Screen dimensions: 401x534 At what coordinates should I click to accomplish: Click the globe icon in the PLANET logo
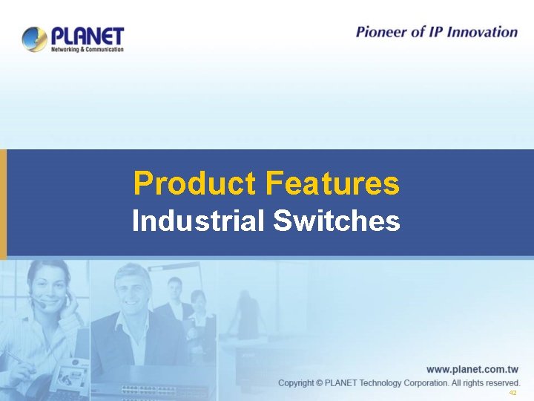(35, 39)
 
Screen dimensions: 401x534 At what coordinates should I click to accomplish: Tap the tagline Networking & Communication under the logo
(87, 49)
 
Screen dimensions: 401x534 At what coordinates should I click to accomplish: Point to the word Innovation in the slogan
(482, 32)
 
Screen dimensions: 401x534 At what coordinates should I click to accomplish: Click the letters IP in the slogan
(438, 32)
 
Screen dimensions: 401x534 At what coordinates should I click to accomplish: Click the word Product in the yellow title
(194, 183)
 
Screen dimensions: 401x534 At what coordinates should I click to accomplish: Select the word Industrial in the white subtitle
(199, 221)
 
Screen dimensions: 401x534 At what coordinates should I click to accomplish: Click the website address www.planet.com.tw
(472, 368)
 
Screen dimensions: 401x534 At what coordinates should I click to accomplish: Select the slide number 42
(512, 393)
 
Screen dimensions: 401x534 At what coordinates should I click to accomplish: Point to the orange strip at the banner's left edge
(3, 203)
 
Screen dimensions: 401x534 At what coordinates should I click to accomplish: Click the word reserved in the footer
(502, 382)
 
